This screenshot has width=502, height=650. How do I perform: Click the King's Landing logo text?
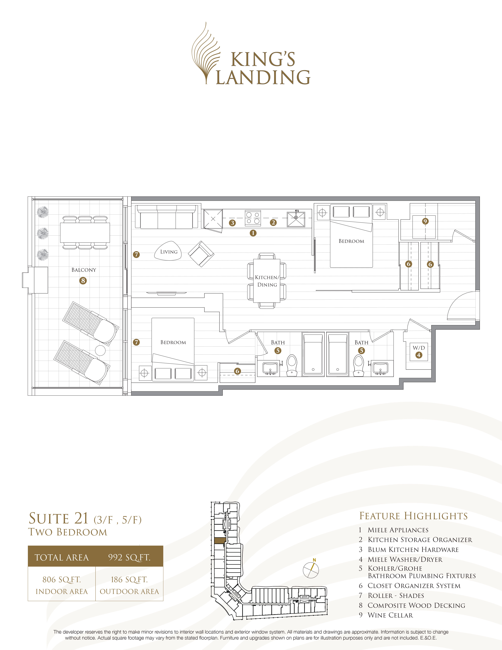263,68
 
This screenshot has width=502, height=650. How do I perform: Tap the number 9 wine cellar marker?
425,221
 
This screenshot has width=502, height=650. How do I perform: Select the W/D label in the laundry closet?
419,348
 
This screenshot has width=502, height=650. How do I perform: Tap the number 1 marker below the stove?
253,233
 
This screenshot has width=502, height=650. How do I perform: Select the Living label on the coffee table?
169,252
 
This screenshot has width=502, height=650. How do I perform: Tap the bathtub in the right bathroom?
338,354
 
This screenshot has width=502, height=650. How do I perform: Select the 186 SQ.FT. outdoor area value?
129,580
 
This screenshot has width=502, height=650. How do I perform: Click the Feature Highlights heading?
413,516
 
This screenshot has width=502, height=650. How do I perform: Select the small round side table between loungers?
100,350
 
